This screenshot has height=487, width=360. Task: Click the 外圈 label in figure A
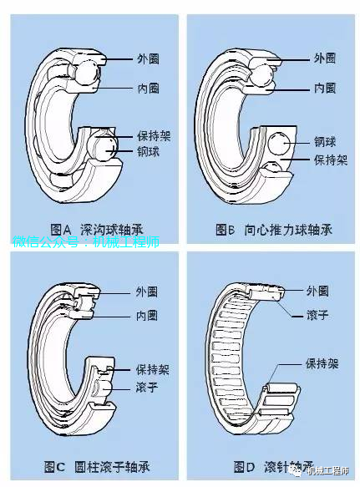click(x=149, y=58)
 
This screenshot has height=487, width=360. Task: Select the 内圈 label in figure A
click(x=149, y=88)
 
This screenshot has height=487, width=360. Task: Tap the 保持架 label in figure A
click(x=154, y=134)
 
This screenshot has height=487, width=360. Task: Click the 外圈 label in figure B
click(x=324, y=58)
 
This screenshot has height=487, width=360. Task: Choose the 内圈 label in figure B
click(x=324, y=88)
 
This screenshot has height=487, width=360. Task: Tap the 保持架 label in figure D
click(x=322, y=365)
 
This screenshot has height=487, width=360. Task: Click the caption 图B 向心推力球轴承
click(x=273, y=228)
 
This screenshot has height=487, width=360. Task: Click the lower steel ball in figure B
click(x=271, y=170)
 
